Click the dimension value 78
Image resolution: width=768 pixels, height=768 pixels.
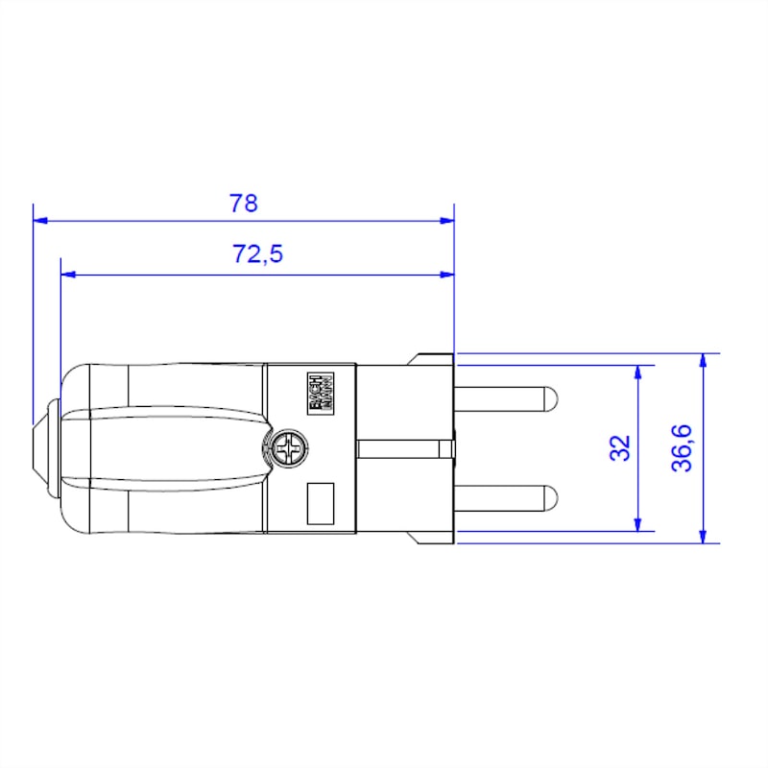coord(244,204)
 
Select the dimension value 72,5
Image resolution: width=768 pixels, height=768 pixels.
coord(257,254)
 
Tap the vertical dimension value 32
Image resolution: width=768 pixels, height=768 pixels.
coord(622,447)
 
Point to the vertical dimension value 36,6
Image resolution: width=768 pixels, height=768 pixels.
coord(683,447)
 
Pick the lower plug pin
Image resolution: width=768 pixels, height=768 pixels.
coord(505,497)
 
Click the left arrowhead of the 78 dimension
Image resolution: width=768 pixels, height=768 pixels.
coord(39,220)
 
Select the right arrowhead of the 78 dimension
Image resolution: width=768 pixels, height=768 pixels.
coord(446,220)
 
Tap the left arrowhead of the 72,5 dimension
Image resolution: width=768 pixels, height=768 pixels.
coord(67,275)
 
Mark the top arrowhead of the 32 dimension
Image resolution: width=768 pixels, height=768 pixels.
coord(636,372)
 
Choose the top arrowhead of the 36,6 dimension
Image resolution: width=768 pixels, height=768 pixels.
coord(704,360)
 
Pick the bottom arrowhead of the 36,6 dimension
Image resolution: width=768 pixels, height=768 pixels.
coord(704,537)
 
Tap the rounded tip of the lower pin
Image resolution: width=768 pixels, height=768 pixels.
coord(553,497)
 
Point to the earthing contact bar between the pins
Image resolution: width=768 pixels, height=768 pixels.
coord(403,448)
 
